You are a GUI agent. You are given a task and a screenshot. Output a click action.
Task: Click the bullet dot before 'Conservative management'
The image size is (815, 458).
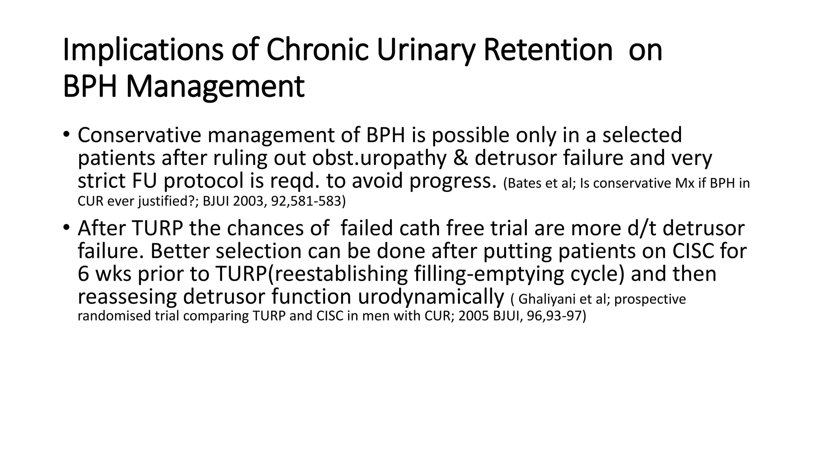pos(66,134)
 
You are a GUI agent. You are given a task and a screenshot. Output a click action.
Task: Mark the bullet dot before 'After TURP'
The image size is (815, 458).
pos(66,227)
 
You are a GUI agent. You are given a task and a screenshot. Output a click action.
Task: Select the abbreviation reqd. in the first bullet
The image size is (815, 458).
pos(295,181)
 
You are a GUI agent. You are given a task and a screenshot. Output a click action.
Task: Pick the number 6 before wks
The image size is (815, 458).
pos(83,274)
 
